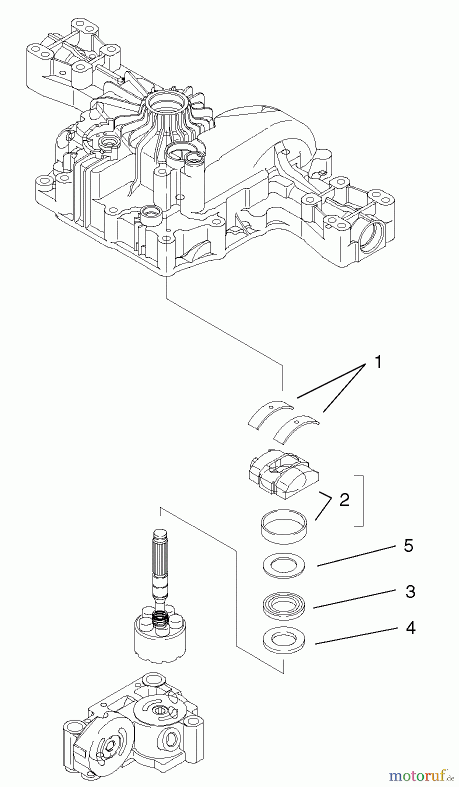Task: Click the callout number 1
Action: (x=378, y=362)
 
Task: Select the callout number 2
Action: (x=344, y=500)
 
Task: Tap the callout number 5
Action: (x=408, y=546)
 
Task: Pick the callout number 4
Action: (x=410, y=628)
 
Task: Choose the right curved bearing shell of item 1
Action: (x=296, y=428)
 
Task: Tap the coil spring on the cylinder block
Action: (x=161, y=620)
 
